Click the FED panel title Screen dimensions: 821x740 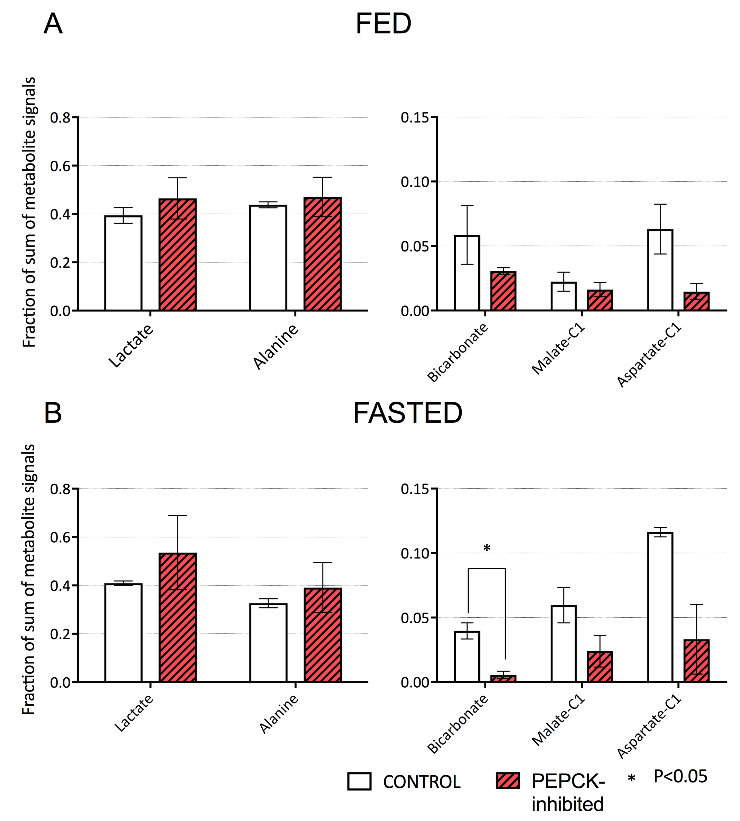[383, 24]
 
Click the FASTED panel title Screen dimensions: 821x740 [407, 413]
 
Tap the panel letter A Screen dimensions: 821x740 [53, 24]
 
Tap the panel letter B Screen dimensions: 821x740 [53, 413]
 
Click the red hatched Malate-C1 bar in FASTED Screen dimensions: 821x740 [600, 667]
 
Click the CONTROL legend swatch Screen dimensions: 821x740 [359, 781]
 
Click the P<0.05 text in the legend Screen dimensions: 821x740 [680, 777]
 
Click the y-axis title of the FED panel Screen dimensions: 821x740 [29, 212]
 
